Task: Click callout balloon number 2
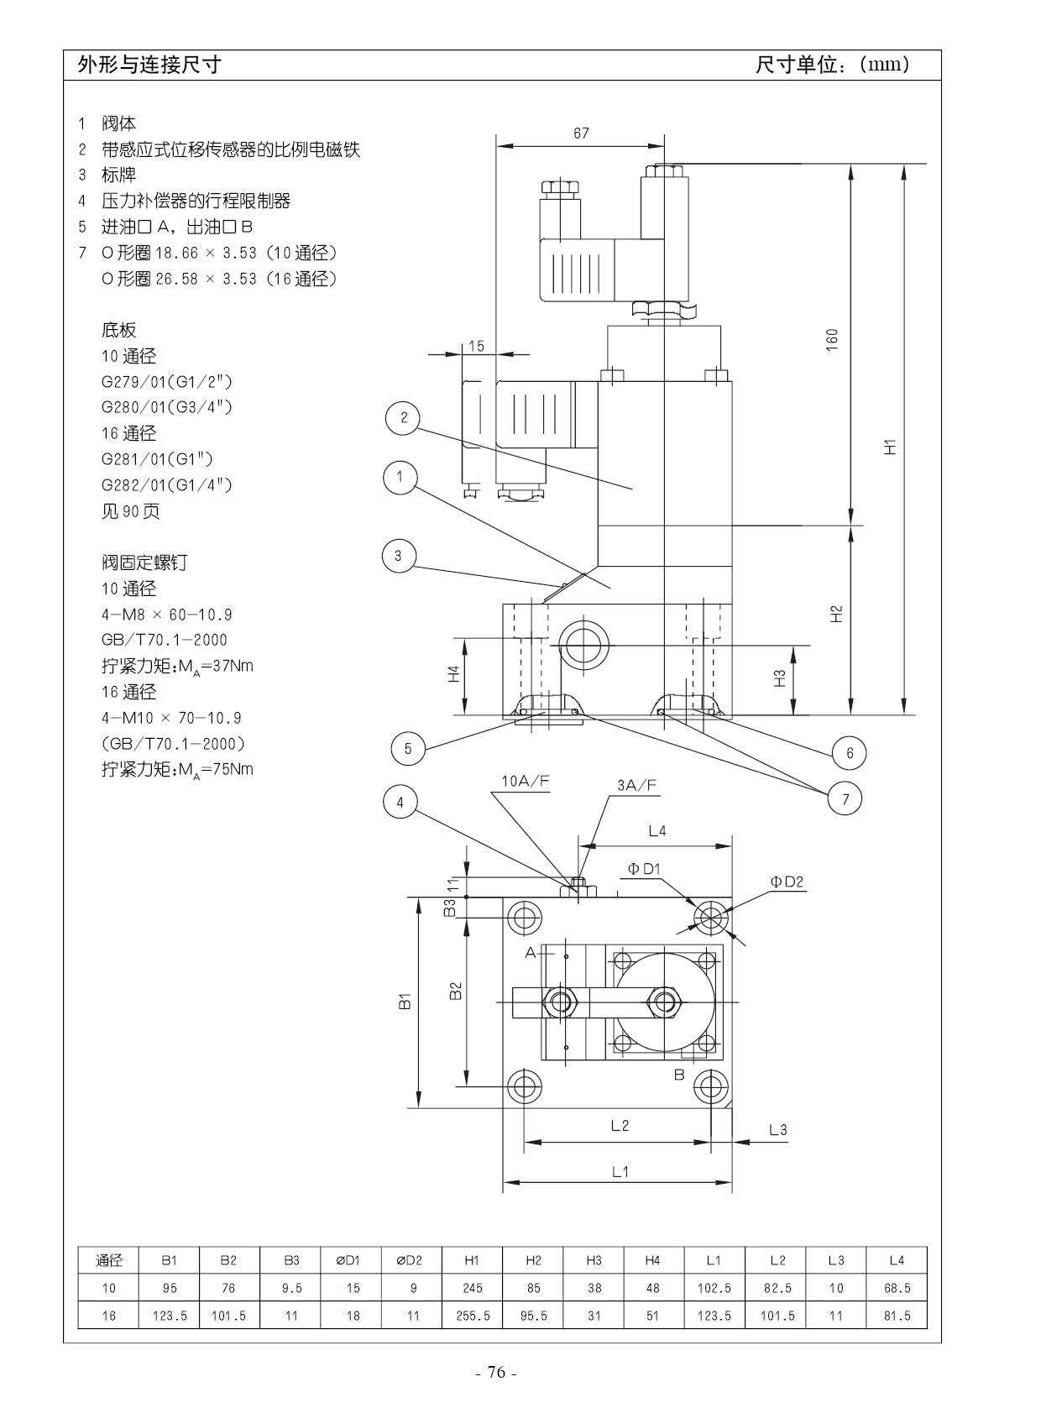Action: [404, 417]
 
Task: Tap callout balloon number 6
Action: [850, 752]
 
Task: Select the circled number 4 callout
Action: [400, 803]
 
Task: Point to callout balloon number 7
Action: [845, 799]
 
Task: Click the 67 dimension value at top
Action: [581, 133]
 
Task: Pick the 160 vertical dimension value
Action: [832, 339]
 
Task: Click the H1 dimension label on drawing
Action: [891, 446]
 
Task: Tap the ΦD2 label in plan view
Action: [787, 882]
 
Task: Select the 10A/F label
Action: [526, 781]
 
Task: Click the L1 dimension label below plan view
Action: [620, 1171]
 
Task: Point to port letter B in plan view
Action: [679, 1074]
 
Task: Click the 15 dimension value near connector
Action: [476, 345]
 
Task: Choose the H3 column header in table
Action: [594, 1260]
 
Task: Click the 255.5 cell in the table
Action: [473, 1316]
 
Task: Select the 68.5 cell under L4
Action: [897, 1288]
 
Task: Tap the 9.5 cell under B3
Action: [291, 1288]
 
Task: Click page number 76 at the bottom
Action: [496, 1373]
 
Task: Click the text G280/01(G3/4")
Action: [166, 407]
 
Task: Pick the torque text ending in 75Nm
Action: [177, 769]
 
